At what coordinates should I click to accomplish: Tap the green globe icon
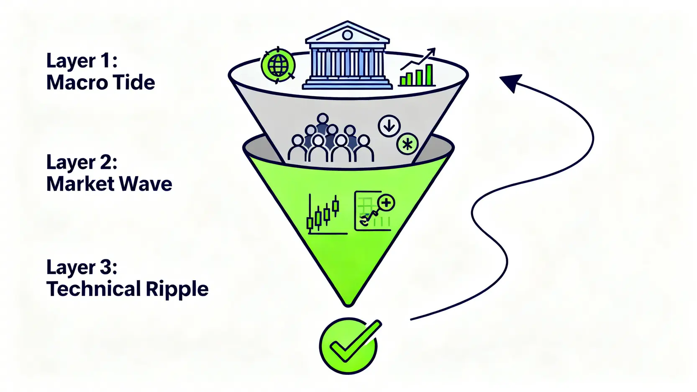[x=278, y=65]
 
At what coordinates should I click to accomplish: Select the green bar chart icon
[x=417, y=74]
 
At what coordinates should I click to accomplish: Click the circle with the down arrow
[x=389, y=126]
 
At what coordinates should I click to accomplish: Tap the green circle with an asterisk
[x=407, y=144]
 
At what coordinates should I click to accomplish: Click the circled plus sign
[x=386, y=203]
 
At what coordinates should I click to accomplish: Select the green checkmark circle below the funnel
[x=348, y=346]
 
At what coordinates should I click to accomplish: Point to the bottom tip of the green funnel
[x=348, y=302]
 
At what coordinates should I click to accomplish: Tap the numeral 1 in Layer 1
[x=105, y=61]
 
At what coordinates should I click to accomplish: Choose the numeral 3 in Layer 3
[x=105, y=267]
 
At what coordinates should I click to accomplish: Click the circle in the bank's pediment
[x=347, y=35]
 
